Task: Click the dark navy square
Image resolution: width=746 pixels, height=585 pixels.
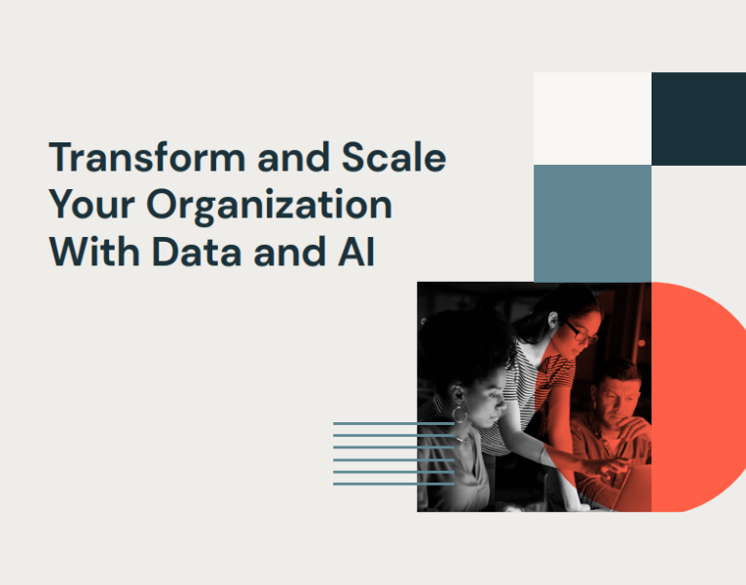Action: tap(698, 118)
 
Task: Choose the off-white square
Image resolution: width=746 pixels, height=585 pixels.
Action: tap(592, 118)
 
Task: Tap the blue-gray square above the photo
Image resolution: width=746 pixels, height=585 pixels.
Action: tap(592, 223)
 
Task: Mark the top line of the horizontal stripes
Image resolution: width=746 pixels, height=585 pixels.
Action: tap(393, 423)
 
